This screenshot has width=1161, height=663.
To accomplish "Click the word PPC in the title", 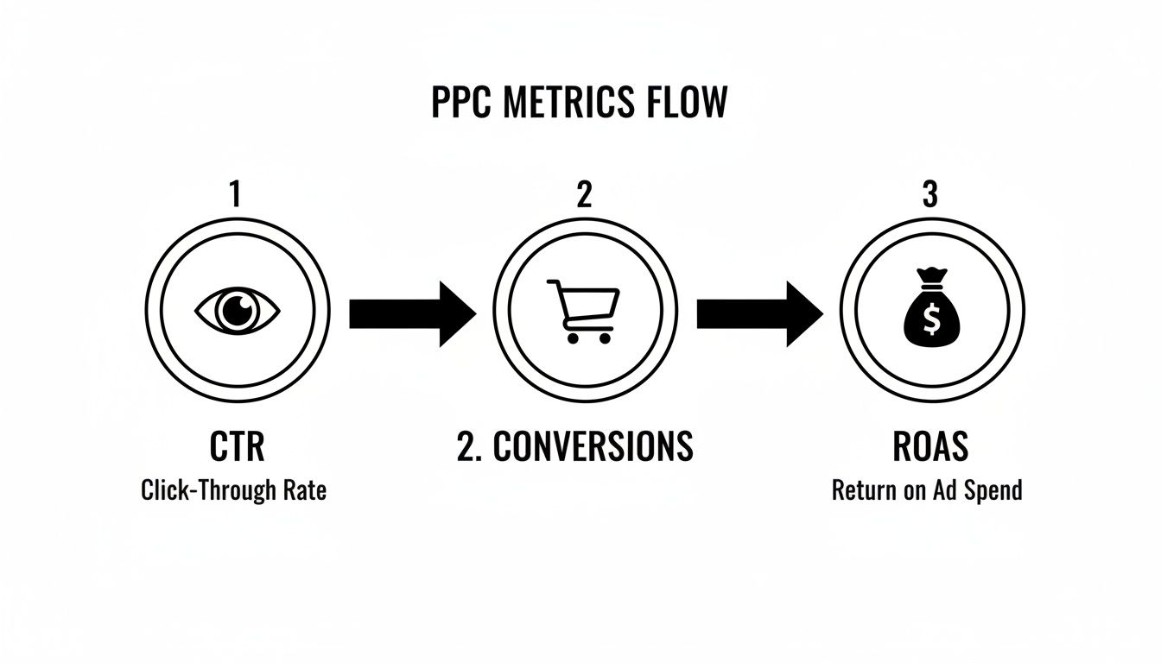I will (x=461, y=103).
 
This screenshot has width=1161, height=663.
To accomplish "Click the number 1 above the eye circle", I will (x=234, y=195).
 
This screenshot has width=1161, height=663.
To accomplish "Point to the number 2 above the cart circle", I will (x=584, y=195).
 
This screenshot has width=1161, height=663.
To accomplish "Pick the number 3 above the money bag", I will (x=929, y=195).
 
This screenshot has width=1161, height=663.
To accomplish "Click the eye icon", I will (x=238, y=311).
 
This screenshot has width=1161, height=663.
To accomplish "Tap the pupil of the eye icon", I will (x=237, y=310).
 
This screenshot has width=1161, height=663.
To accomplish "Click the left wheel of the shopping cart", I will (x=571, y=338).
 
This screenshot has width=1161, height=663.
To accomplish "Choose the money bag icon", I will (x=931, y=311).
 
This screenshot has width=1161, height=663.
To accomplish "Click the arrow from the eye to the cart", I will (x=412, y=313).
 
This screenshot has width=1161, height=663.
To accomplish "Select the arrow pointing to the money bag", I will (x=760, y=313).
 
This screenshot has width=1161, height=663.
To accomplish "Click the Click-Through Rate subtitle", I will (x=234, y=491).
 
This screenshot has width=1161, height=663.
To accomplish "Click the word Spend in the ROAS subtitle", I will (x=991, y=491).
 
